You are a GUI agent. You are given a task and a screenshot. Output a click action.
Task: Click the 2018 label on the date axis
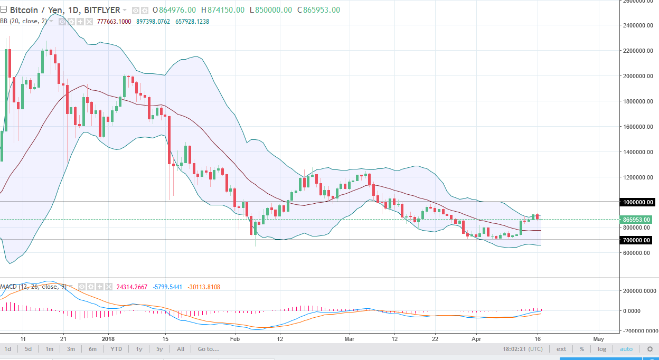pos(108,338)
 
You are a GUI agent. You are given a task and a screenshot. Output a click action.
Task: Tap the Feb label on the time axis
pos(234,338)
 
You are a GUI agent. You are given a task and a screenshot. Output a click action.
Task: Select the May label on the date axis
pos(598,338)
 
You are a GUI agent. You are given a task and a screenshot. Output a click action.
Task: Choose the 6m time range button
pos(92,349)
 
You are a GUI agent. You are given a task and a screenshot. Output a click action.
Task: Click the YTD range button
pos(116,349)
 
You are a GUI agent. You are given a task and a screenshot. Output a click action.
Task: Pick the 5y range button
pos(158,349)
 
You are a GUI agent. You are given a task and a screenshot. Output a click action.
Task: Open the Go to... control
pos(208,349)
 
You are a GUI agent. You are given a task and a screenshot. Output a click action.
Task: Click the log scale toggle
pos(601,349)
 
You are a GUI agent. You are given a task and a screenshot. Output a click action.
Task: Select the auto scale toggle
pos(626,349)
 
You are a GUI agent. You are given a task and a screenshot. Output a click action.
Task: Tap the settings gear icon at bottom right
pos(649,349)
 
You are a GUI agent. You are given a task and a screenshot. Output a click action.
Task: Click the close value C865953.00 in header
pos(318,10)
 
